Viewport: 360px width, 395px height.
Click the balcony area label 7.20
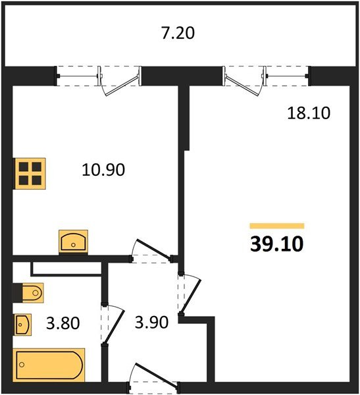[x=178, y=34]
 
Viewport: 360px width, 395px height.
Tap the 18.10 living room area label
[x=309, y=113]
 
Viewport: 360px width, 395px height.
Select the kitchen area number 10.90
[x=103, y=170]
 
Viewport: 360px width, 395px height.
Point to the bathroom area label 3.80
[x=63, y=323]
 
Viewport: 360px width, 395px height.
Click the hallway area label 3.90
[x=151, y=322]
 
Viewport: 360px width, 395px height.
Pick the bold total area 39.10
[x=277, y=244]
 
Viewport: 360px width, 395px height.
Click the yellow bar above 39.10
[x=277, y=226]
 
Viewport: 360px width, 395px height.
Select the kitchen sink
[x=73, y=242]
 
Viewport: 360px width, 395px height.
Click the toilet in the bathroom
[x=30, y=293]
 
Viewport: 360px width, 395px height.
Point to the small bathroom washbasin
[x=22, y=325]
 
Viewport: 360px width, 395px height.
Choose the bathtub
[x=49, y=365]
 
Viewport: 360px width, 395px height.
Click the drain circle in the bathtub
[x=22, y=365]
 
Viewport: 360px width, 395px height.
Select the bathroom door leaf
[x=114, y=327]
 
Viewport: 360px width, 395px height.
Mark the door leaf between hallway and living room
[x=191, y=296]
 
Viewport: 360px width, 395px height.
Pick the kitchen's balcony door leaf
[x=122, y=85]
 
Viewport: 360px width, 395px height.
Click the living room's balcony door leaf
[x=242, y=85]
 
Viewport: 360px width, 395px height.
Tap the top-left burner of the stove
[x=24, y=167]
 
